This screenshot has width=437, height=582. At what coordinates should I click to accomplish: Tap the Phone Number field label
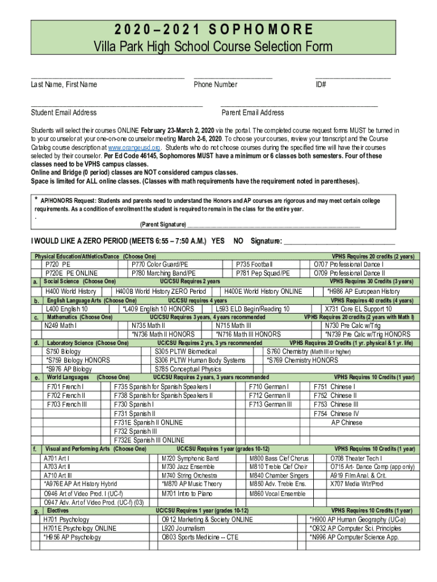(x=215, y=85)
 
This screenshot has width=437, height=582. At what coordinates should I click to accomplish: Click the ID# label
(x=321, y=85)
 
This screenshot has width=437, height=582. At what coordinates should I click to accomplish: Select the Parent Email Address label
(x=253, y=113)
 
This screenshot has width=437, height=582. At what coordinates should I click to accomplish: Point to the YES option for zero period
(x=217, y=241)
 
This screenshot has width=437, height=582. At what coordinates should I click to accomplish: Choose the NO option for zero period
(x=239, y=241)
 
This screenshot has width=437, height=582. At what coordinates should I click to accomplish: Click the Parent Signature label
(x=163, y=224)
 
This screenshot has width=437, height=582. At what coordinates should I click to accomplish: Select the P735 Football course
(x=254, y=264)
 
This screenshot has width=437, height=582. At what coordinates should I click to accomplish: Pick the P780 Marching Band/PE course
(x=159, y=273)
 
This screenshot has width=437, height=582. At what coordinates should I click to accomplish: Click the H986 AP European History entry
(x=363, y=292)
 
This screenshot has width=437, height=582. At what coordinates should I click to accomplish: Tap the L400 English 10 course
(x=66, y=309)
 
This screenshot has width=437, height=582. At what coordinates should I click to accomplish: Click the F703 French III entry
(x=67, y=404)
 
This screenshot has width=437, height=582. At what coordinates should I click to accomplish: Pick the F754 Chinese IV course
(x=336, y=413)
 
